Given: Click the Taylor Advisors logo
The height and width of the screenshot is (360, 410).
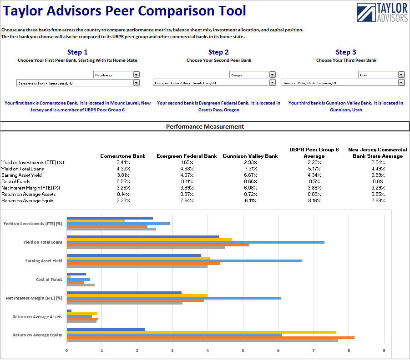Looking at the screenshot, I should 382,12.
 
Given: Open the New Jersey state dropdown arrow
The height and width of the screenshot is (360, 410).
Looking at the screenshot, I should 137,75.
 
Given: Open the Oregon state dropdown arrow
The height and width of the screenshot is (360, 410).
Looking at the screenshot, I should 272,75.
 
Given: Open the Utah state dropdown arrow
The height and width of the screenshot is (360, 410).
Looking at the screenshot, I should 401,75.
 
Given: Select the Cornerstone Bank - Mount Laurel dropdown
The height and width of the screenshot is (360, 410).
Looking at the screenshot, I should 77,83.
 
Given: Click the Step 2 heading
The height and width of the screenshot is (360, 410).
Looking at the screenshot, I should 218,52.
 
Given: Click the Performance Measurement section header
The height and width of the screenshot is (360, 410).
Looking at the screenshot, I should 205,127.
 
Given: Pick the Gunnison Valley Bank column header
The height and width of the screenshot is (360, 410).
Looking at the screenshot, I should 250,156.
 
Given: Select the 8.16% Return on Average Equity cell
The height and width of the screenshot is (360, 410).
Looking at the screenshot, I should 314,200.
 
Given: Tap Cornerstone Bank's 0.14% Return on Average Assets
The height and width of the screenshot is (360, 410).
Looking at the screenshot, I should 123,194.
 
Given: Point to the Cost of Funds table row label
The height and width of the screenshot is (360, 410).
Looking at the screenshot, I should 16,181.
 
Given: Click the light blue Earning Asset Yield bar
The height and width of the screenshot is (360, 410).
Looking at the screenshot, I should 184,261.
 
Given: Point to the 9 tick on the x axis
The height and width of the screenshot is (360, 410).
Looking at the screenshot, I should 384,350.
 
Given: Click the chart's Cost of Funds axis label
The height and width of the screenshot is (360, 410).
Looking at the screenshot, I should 49,280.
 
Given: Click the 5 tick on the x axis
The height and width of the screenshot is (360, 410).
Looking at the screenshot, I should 243,350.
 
